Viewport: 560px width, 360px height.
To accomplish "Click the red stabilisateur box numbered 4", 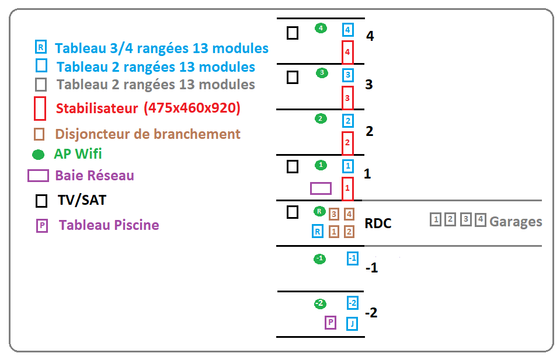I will [347, 52].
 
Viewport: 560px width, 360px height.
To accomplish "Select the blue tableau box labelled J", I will [352, 324].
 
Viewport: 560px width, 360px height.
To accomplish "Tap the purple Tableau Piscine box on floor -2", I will [331, 322].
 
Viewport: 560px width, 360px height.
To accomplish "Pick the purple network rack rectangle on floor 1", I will [321, 188].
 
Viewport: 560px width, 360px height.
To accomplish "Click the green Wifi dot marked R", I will [319, 211].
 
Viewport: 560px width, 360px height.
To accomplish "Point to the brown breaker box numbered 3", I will [334, 214].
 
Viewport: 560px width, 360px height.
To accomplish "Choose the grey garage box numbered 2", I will [450, 220].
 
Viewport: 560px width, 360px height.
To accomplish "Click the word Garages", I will [516, 222].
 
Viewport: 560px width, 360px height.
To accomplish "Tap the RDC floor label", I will [378, 223].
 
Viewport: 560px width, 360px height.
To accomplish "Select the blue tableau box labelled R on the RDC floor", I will [318, 231].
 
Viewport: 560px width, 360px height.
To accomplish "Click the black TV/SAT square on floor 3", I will [293, 77].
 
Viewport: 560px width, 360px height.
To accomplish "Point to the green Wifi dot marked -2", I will [319, 303].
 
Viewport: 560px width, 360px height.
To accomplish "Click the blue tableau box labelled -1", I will [352, 258].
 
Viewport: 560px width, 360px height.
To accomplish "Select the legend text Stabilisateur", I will [96, 109].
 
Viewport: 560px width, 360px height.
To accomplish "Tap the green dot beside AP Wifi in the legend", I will [38, 155].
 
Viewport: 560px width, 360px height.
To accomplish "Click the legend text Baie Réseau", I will [95, 175].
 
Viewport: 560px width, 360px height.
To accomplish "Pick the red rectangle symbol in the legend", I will [40, 108].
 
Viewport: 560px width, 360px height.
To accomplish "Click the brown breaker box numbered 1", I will [334, 232].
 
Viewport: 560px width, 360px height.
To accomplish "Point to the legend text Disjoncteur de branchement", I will [148, 134].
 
